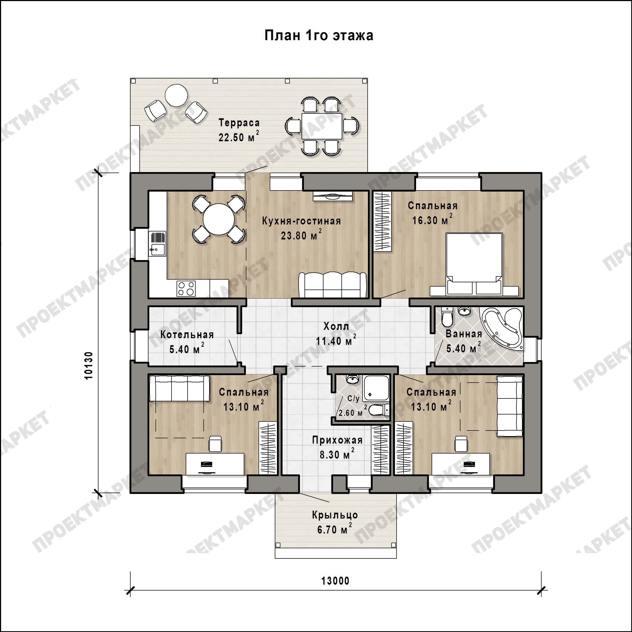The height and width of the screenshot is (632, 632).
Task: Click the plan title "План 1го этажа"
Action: click(x=319, y=35)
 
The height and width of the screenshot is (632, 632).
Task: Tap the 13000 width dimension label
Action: click(x=335, y=581)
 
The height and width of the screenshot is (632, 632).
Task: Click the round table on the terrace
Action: click(x=176, y=95)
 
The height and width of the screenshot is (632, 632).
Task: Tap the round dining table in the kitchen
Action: click(x=219, y=219)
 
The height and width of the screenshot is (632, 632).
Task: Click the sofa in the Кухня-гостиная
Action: click(x=333, y=285)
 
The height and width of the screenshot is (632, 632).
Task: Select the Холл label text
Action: click(x=336, y=326)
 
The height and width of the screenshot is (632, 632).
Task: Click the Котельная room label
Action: click(x=187, y=335)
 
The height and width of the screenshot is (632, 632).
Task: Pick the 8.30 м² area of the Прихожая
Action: click(x=337, y=454)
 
